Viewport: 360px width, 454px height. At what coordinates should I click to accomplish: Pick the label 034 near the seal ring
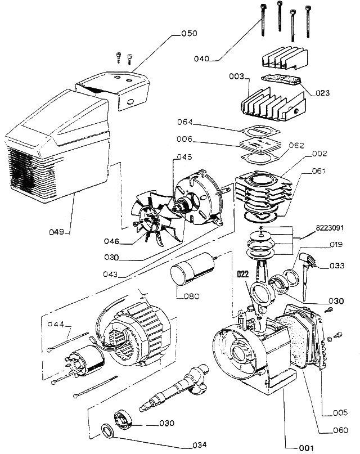coord(199,445)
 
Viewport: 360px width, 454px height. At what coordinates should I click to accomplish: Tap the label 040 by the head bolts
coord(201,59)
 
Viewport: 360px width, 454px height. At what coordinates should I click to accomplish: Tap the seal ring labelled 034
coord(107,432)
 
